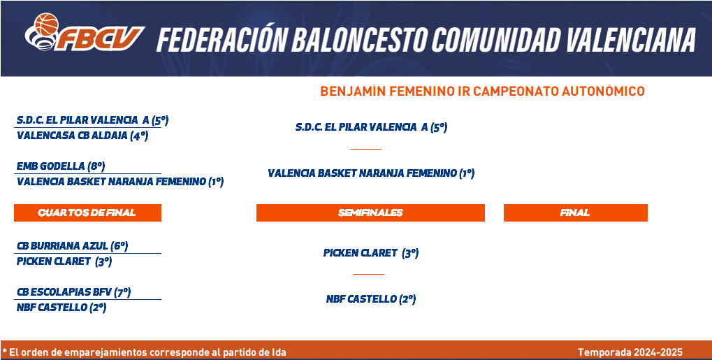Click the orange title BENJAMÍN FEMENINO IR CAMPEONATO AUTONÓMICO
point(482,91)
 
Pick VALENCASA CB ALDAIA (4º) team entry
point(82,136)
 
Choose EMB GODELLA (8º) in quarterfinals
point(61,166)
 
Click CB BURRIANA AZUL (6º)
point(72,246)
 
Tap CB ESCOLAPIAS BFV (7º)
point(73,292)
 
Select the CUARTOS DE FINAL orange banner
point(87,213)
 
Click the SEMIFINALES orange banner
point(370,213)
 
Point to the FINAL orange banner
point(575,213)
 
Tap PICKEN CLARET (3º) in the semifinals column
point(371,254)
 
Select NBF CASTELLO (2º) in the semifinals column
point(371,300)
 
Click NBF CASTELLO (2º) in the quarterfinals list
point(61,308)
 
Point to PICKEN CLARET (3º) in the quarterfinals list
point(64,262)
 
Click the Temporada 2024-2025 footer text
point(630,352)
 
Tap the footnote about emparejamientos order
point(145,352)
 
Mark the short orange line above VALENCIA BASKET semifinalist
point(365,149)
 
